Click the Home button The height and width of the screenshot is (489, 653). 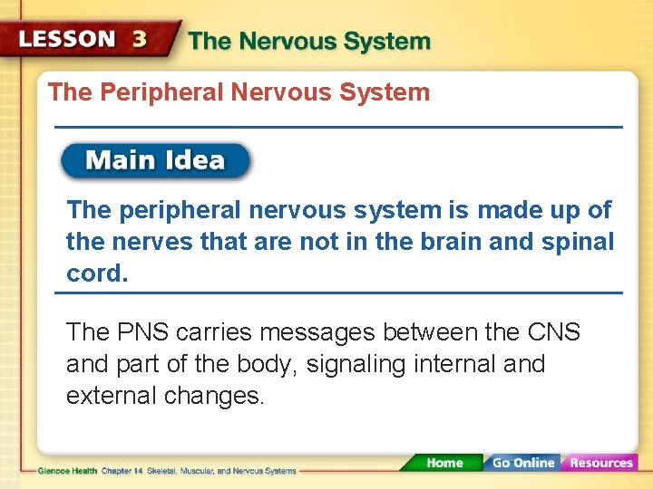coord(443,463)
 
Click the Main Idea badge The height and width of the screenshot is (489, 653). coord(155,161)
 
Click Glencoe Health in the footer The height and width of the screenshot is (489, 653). coord(68,471)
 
